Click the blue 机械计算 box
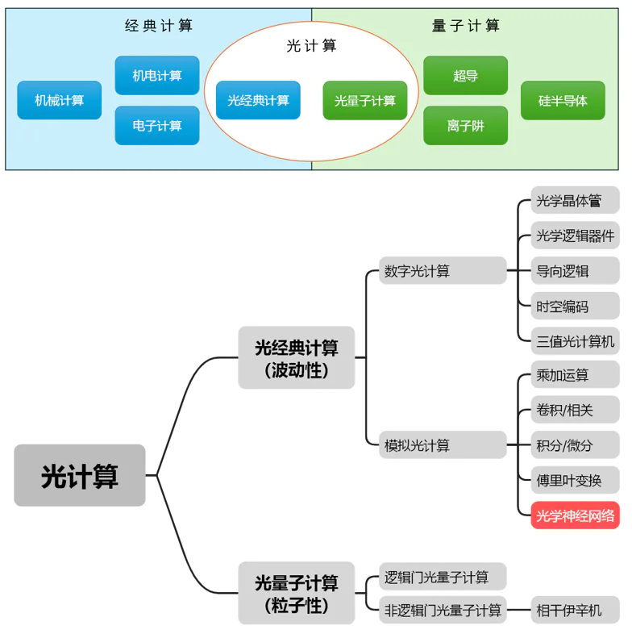coord(59,101)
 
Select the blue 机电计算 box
coord(157,76)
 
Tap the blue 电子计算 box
coord(157,126)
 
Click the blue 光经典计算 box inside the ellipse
coord(258,101)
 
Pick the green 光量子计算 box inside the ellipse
coord(365,101)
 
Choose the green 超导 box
coord(465,76)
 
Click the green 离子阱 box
coord(465,126)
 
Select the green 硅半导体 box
coord(563,101)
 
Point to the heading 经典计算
coord(159,25)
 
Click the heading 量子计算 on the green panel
coord(466,25)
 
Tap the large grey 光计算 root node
coord(80,476)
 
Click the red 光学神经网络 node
coord(575,515)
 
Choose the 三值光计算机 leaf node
coord(575,340)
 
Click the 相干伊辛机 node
coord(568,610)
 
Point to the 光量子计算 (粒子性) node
coord(296,594)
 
